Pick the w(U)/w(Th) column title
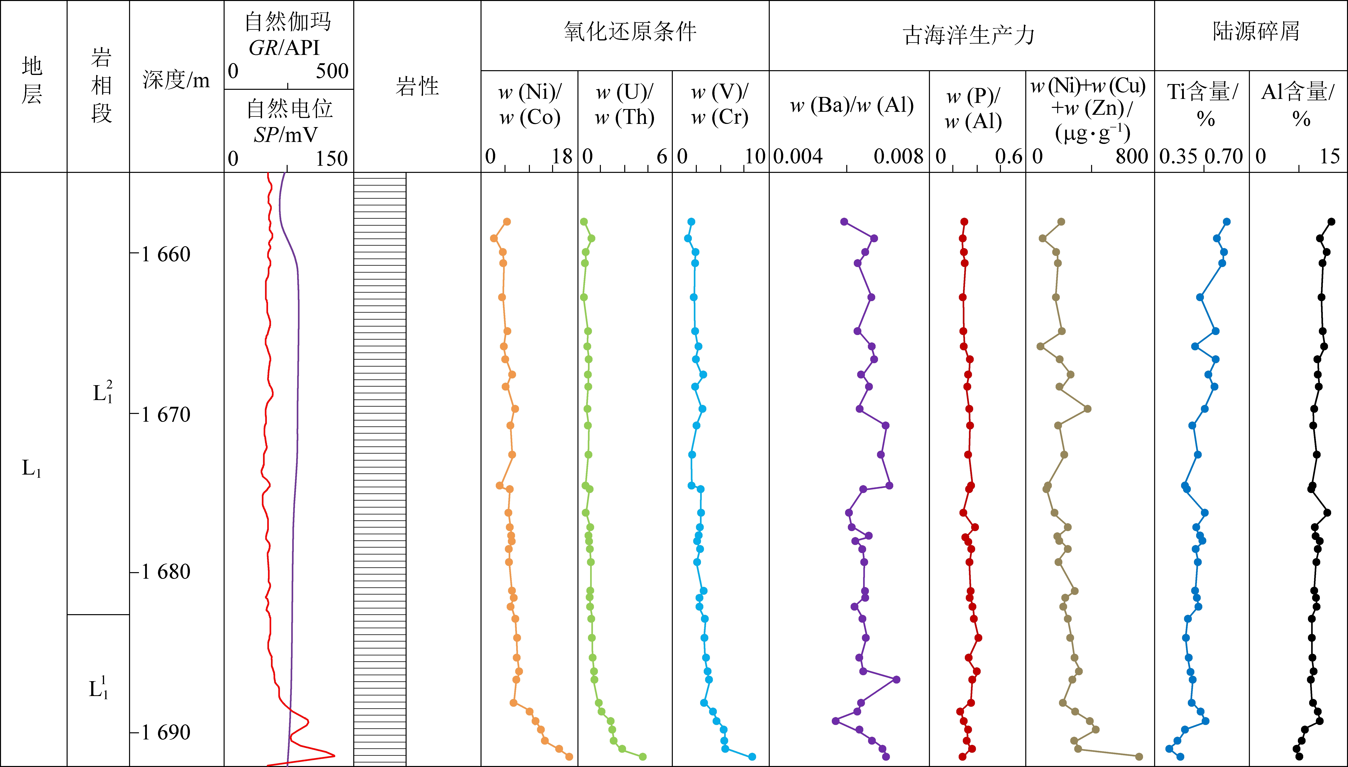(x=625, y=104)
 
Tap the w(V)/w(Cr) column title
(x=720, y=104)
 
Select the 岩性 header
(x=417, y=86)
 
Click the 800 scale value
(x=1132, y=156)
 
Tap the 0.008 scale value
(x=898, y=156)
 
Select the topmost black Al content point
(x=1331, y=222)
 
